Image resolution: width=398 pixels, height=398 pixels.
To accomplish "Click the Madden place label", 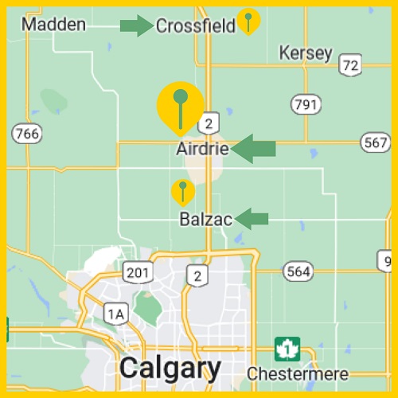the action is (53, 25).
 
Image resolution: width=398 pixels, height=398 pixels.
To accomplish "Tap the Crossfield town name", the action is (195, 26).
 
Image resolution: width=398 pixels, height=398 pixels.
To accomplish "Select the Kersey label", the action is (306, 53).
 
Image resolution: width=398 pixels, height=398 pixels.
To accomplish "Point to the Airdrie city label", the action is (202, 149).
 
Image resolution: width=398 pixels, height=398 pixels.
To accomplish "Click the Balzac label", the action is (205, 219).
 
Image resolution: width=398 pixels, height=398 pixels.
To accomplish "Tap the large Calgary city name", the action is (170, 369).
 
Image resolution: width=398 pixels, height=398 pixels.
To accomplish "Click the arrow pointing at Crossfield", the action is (136, 25).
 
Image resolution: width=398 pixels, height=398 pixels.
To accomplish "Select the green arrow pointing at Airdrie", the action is (254, 148).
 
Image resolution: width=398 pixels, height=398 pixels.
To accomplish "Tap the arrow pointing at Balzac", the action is (252, 218).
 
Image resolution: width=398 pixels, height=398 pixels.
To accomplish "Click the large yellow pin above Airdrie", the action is (180, 106).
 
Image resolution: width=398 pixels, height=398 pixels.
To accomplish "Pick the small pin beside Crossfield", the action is (249, 21).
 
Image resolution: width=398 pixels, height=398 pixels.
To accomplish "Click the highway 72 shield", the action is (349, 65).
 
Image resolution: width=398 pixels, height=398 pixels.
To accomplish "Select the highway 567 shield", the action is (374, 143).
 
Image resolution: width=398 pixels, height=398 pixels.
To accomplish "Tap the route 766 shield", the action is (28, 134).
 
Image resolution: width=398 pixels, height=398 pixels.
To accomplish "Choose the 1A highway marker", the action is (115, 314).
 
